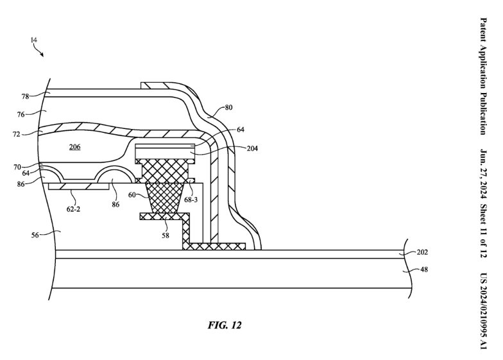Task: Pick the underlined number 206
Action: (x=74, y=147)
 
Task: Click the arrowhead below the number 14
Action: (x=42, y=55)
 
